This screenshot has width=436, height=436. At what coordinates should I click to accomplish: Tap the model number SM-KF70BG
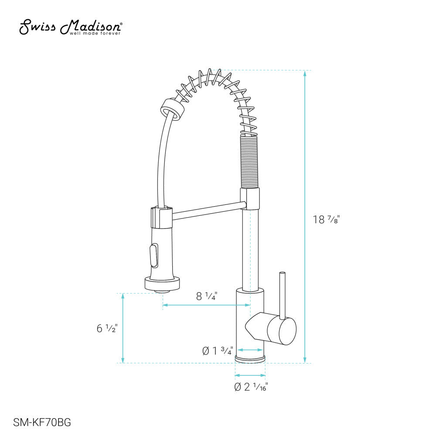(42, 422)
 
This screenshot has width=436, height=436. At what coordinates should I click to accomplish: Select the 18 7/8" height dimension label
(326, 219)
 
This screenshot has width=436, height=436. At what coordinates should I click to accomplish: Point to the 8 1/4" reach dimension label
(206, 296)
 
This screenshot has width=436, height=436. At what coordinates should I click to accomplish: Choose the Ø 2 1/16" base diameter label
(251, 387)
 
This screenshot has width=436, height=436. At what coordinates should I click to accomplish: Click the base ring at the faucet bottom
(250, 359)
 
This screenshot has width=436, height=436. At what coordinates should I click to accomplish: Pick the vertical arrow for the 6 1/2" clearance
(123, 328)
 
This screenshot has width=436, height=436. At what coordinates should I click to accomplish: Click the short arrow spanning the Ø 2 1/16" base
(250, 375)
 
